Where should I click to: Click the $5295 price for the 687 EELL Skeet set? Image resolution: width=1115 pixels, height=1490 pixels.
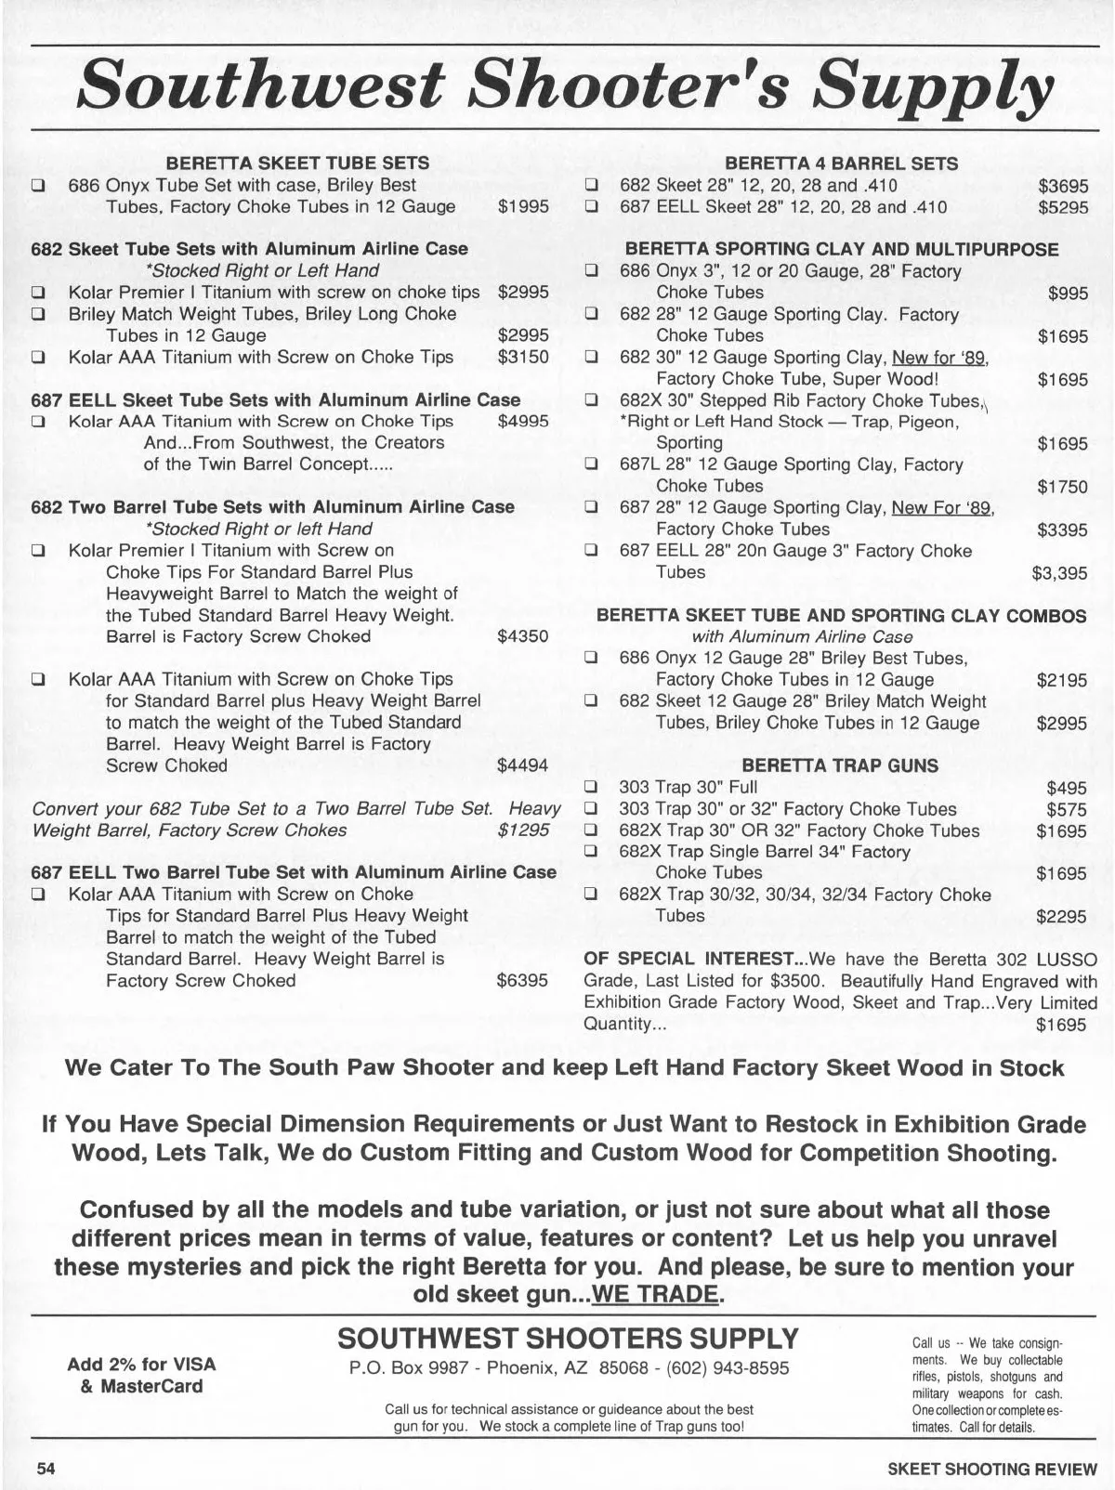[x=1063, y=207]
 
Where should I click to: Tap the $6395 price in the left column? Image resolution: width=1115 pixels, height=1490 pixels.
[x=523, y=981]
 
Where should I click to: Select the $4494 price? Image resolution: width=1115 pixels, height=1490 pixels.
[x=523, y=766]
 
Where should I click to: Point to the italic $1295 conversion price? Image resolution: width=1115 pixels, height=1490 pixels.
[x=523, y=830]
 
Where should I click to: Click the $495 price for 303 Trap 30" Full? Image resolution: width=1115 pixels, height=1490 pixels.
[x=1067, y=788]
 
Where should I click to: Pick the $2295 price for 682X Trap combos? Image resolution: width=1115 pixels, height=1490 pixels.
[x=1061, y=917]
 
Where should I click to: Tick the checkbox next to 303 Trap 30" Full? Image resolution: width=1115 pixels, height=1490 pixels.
[x=590, y=788]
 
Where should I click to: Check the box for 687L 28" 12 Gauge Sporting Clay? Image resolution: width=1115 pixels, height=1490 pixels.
[x=590, y=464]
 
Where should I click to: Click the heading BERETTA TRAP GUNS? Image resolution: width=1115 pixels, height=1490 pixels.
[x=840, y=766]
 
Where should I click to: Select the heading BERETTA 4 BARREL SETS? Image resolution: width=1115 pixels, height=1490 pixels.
[x=841, y=163]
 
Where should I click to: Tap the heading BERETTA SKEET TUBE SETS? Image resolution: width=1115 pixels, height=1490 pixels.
[x=297, y=163]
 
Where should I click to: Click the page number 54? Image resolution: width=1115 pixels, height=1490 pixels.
[x=46, y=1469]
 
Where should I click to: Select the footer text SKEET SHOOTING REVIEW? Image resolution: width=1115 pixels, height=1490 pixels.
[x=992, y=1470]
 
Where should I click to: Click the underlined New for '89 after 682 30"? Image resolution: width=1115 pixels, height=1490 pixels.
[x=939, y=358]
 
